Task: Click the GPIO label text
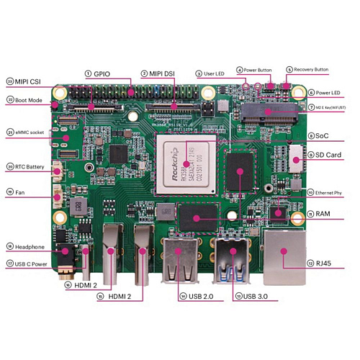point(103,73)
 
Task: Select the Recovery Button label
point(310,70)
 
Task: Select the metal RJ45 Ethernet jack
point(286,256)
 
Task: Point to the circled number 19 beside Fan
point(10,192)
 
